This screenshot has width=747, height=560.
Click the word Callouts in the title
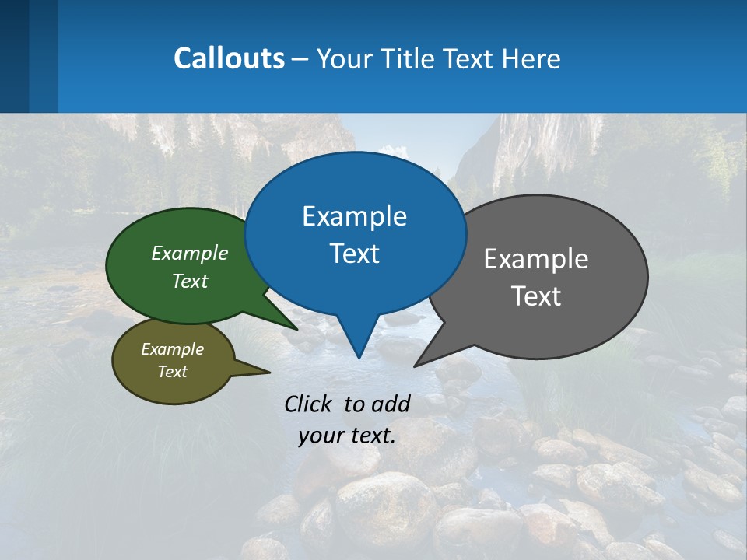point(229,58)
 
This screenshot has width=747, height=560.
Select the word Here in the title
point(531,59)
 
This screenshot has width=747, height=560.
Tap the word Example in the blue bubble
point(354,216)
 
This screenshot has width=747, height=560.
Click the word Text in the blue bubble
point(354,254)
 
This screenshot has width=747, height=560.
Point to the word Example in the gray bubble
point(536,259)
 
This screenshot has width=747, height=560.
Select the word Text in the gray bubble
point(536,296)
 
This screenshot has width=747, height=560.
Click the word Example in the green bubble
point(190,253)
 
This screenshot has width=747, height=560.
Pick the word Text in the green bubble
point(190,281)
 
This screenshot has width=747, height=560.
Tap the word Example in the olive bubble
point(172,349)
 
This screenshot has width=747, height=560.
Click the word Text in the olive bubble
point(172,372)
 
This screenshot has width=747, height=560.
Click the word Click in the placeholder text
point(309,404)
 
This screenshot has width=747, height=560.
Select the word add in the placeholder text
point(390,404)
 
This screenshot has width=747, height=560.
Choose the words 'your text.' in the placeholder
point(346,436)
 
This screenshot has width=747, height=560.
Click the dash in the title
point(300,59)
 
